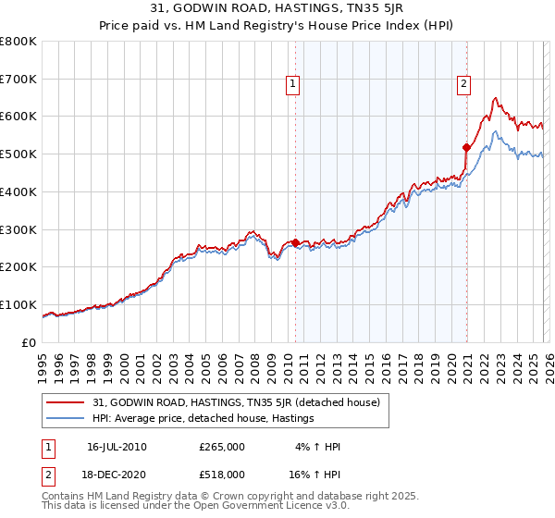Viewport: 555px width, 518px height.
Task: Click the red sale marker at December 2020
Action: (467, 146)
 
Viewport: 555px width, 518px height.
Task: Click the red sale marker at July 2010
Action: (295, 242)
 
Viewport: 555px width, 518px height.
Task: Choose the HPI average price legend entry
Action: (203, 419)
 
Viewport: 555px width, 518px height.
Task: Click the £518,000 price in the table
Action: (222, 474)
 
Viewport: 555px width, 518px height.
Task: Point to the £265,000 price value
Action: (222, 447)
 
